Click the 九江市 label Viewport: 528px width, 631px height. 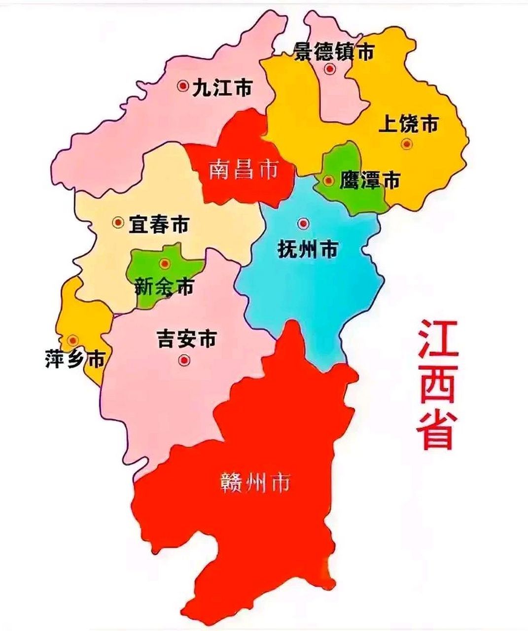click(222, 88)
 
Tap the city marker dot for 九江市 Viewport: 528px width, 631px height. click(183, 86)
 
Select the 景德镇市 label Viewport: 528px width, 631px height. click(334, 51)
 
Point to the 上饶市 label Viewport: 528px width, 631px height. click(408, 125)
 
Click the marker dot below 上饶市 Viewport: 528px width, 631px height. click(407, 144)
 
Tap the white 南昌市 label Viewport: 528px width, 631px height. click(243, 170)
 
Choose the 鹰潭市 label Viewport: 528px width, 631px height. click(369, 181)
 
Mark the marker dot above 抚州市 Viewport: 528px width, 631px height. click(303, 224)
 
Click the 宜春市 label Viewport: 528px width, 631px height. click(158, 225)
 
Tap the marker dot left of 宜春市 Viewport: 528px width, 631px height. click(118, 223)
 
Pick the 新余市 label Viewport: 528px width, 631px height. click(164, 286)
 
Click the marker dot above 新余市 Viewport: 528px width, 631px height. click(165, 264)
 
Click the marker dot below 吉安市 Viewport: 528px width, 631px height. click(185, 360)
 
